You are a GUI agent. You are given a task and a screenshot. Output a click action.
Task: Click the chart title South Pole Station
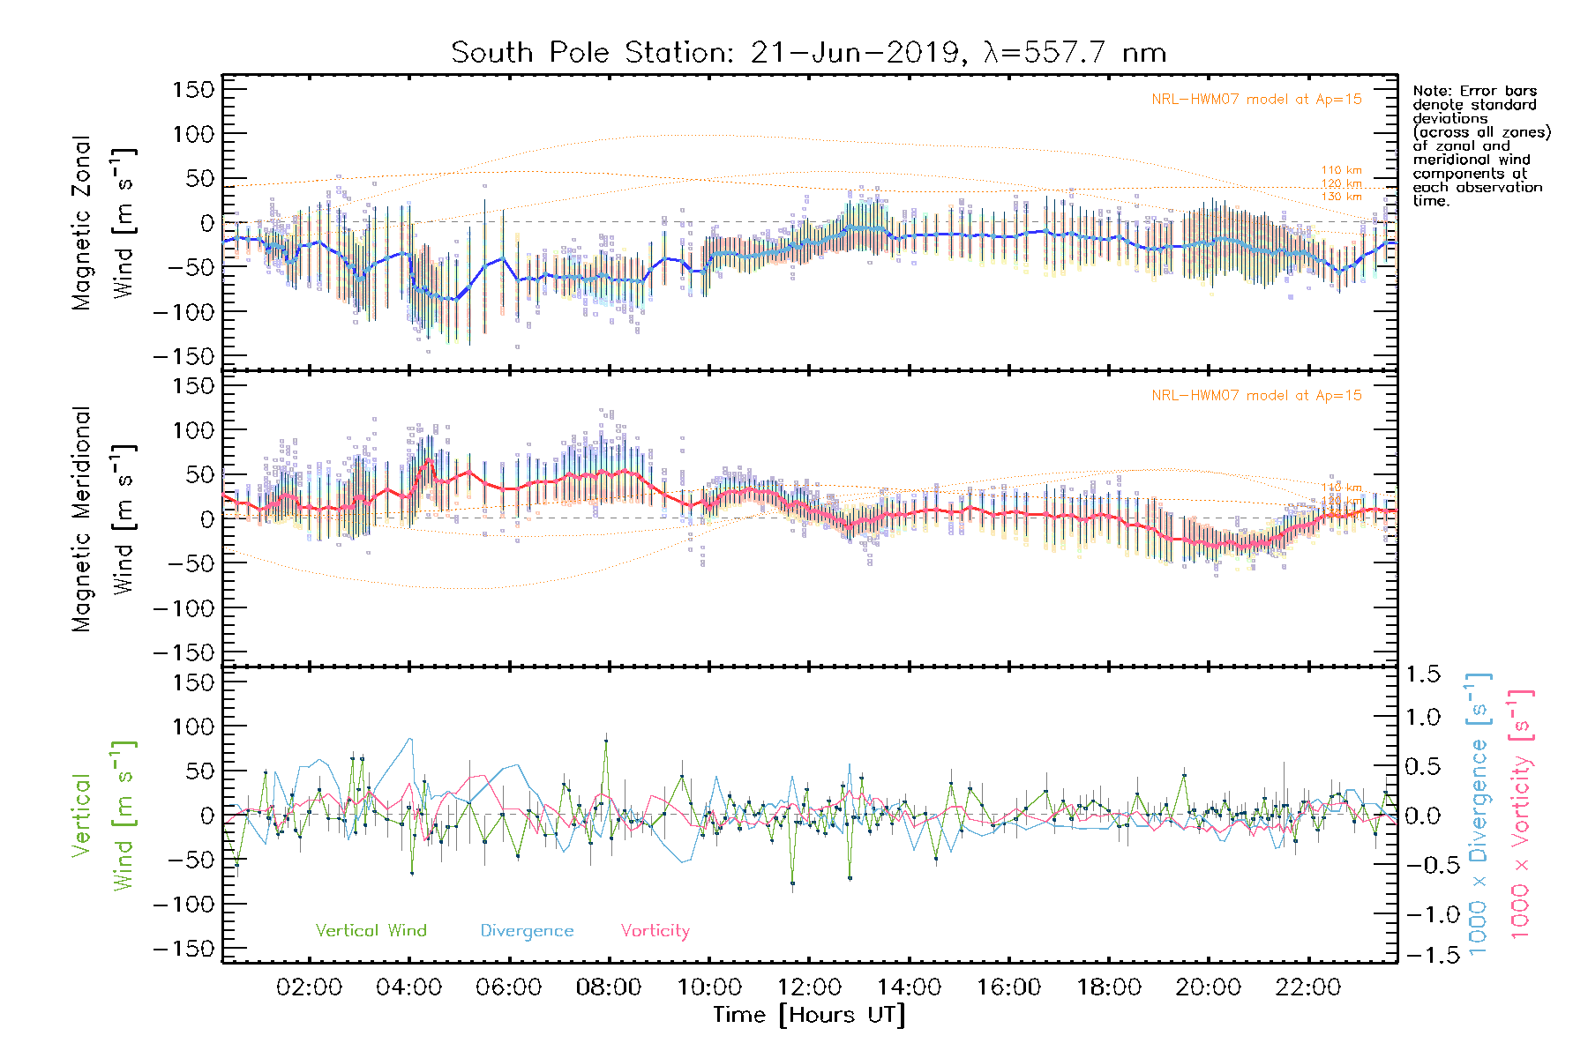[807, 53]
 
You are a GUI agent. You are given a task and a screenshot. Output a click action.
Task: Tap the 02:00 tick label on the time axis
[309, 987]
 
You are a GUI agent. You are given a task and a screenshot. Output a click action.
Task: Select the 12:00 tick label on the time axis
[809, 987]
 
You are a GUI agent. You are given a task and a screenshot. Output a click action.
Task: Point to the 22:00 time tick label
[1308, 987]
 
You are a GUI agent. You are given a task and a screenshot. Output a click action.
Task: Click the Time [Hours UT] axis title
[809, 1016]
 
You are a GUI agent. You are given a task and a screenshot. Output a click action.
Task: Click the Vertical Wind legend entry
[371, 931]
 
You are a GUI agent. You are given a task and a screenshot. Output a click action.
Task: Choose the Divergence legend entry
[527, 931]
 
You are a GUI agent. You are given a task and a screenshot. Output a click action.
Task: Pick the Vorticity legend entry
[655, 931]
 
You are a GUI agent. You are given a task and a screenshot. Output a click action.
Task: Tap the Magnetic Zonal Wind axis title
[103, 223]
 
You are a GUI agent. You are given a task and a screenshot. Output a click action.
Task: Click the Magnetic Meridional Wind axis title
[103, 519]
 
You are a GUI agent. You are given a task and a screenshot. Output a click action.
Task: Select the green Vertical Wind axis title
[103, 816]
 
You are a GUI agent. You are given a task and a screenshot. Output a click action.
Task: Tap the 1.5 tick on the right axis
[1422, 674]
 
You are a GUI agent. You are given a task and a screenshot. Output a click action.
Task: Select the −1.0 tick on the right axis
[1422, 914]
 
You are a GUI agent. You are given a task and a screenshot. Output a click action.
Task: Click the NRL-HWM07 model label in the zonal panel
[1256, 100]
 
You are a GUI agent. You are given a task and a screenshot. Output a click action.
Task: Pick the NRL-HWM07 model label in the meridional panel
[1256, 396]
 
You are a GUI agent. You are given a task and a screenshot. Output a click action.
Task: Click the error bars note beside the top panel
[1480, 145]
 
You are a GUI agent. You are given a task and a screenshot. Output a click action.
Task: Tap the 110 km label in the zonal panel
[1341, 170]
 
